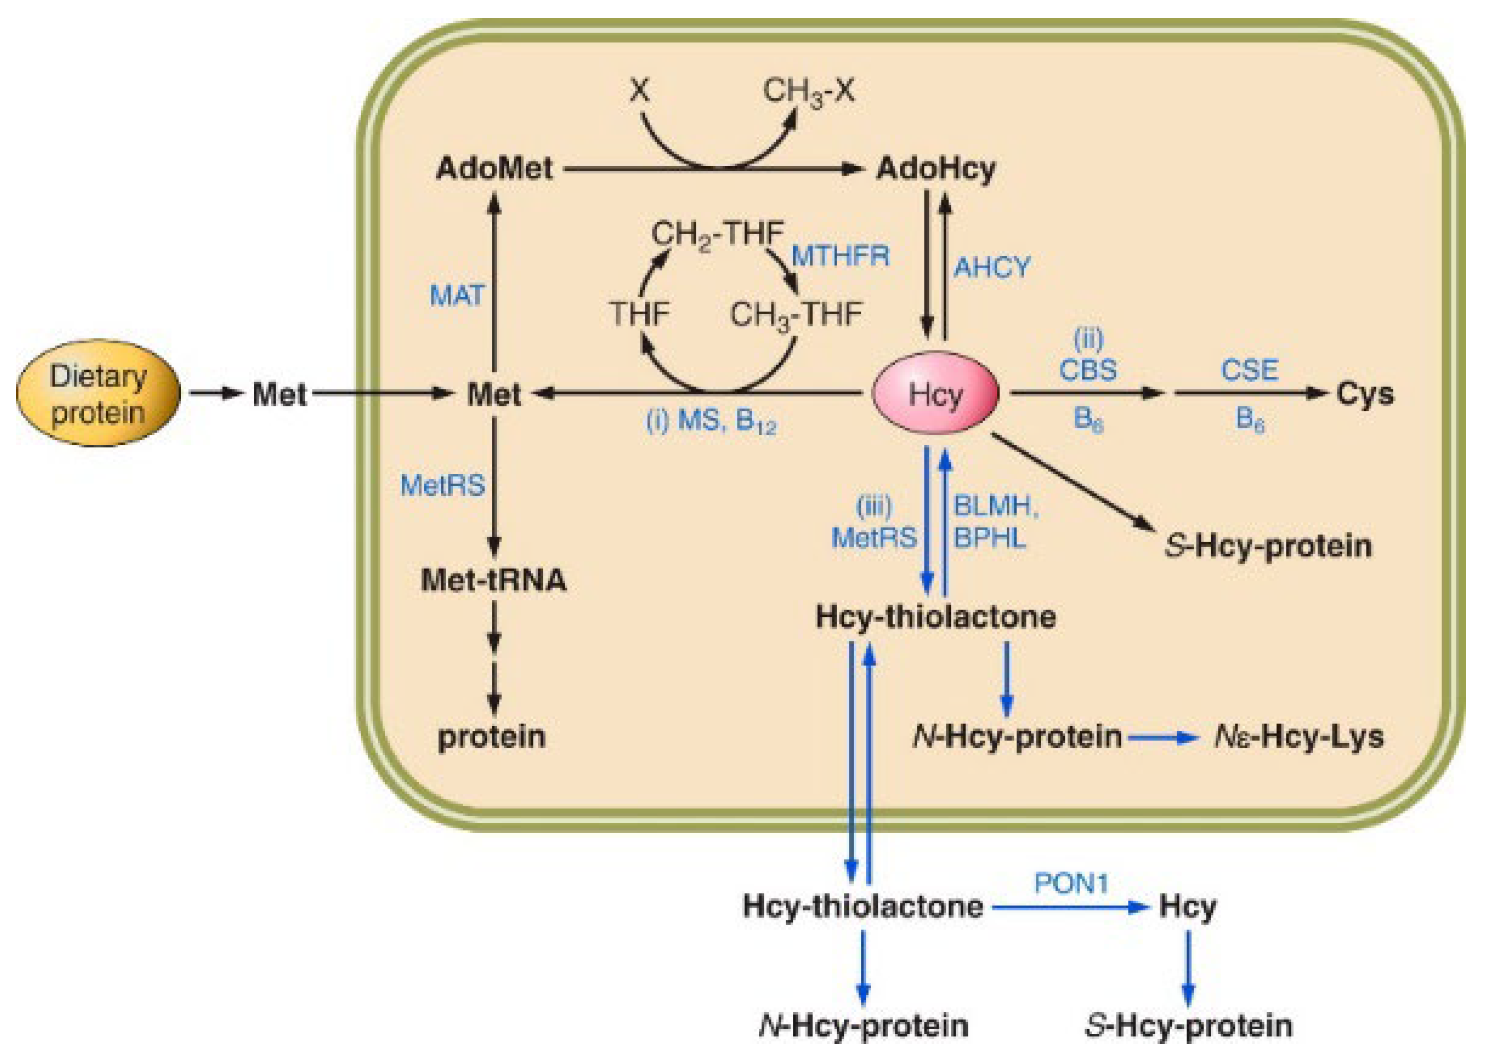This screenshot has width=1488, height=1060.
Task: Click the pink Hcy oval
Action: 935,393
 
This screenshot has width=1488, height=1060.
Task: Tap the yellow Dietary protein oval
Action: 98,393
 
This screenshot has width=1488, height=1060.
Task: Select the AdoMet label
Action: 495,168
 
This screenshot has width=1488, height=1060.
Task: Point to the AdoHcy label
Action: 936,168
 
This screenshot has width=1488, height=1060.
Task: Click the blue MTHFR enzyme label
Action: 840,256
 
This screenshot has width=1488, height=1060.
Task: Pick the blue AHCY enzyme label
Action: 992,267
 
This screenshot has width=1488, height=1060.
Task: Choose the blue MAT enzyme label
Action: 456,296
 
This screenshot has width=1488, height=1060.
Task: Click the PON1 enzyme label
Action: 1072,884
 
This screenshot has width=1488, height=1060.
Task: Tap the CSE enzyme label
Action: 1249,370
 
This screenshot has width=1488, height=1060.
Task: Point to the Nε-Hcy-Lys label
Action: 1298,737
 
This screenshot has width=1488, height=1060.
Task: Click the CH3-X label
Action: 808,91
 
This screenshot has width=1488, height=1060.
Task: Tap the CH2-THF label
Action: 717,234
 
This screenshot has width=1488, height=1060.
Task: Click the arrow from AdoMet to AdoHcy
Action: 712,169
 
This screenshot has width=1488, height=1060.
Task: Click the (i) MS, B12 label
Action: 711,423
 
